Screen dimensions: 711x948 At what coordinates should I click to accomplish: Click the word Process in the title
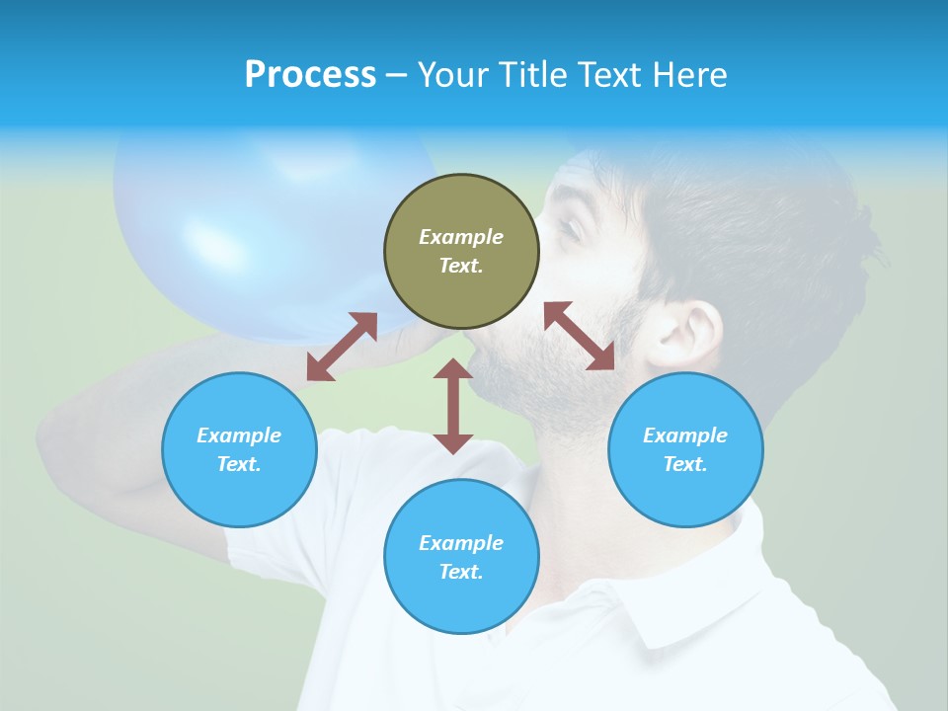coord(310,75)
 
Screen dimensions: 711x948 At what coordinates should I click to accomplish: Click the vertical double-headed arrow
coord(453,406)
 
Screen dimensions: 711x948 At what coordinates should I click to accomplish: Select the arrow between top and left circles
coord(342,347)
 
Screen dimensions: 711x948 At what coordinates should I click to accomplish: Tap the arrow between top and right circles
coord(580,336)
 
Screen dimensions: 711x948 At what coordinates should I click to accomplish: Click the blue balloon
coord(257,227)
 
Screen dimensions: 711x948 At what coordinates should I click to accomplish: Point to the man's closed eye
coord(570,229)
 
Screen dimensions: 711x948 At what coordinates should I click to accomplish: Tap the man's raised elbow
coord(59,434)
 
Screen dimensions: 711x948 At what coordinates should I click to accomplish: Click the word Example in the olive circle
coord(461,237)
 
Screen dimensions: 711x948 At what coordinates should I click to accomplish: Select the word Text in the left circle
coord(239,464)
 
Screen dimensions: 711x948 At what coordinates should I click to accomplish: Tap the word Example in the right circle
coord(685,435)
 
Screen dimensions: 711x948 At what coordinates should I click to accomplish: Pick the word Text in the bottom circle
coord(461,572)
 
